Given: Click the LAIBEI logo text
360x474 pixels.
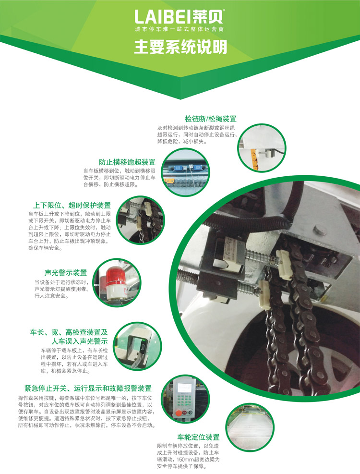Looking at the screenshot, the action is click(180, 17).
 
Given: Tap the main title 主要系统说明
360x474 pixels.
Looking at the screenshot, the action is click(180, 47).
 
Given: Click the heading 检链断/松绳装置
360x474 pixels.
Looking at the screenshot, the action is click(210, 119).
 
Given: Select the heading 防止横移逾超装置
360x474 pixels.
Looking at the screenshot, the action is click(127, 162).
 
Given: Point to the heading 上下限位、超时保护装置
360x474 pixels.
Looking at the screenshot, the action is click(72, 206).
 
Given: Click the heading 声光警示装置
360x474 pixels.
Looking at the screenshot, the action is click(66, 273).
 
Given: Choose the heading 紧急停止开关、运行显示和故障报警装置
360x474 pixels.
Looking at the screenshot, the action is click(88, 389).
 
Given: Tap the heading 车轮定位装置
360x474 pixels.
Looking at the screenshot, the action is click(198, 437).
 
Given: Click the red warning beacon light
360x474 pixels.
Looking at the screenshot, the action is click(115, 282).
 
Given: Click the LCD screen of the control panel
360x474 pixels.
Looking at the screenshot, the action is click(184, 387).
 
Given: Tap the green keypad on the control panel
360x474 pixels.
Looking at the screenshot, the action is click(183, 400).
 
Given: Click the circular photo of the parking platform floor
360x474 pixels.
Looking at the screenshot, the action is click(250, 427).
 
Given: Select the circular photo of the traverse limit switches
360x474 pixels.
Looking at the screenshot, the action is click(185, 172).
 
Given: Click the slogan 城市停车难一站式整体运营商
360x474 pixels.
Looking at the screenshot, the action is click(180, 29).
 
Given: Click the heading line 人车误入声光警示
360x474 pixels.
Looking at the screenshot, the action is click(80, 341).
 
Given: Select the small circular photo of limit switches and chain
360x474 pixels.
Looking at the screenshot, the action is click(141, 220).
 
